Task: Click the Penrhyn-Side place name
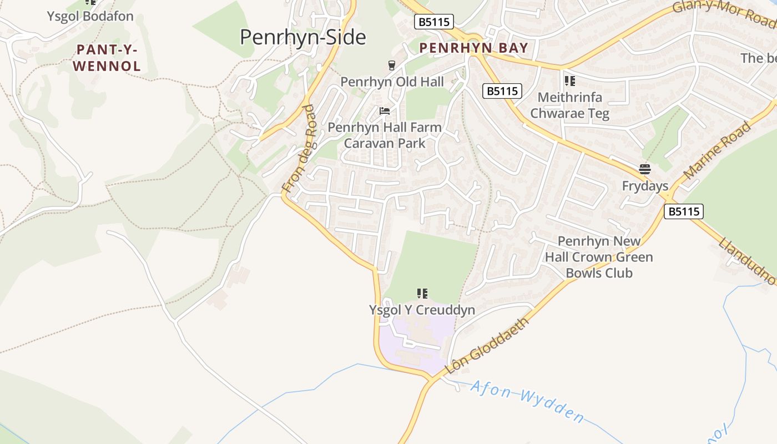pos(303,37)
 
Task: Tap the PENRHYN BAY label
pos(473,48)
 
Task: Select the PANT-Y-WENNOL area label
pos(107,58)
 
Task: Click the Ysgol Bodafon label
pos(90,16)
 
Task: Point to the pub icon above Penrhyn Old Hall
pos(392,66)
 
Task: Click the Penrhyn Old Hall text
pos(392,82)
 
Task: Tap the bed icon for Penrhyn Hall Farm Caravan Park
pos(385,111)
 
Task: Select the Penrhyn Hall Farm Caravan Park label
pos(385,135)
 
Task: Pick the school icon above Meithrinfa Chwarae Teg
pos(569,81)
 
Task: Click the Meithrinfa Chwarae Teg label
pos(569,105)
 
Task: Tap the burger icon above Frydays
pos(644,169)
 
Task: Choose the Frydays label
pos(645,186)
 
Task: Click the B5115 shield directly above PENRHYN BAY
pos(433,22)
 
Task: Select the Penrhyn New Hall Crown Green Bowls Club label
pos(599,257)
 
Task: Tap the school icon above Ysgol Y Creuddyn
pos(422,293)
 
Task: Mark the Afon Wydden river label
pos(527,401)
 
